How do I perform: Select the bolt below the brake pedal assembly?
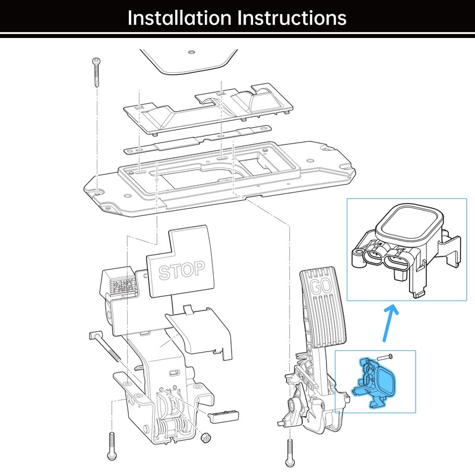(111, 446)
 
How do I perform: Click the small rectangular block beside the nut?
(224, 413)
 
